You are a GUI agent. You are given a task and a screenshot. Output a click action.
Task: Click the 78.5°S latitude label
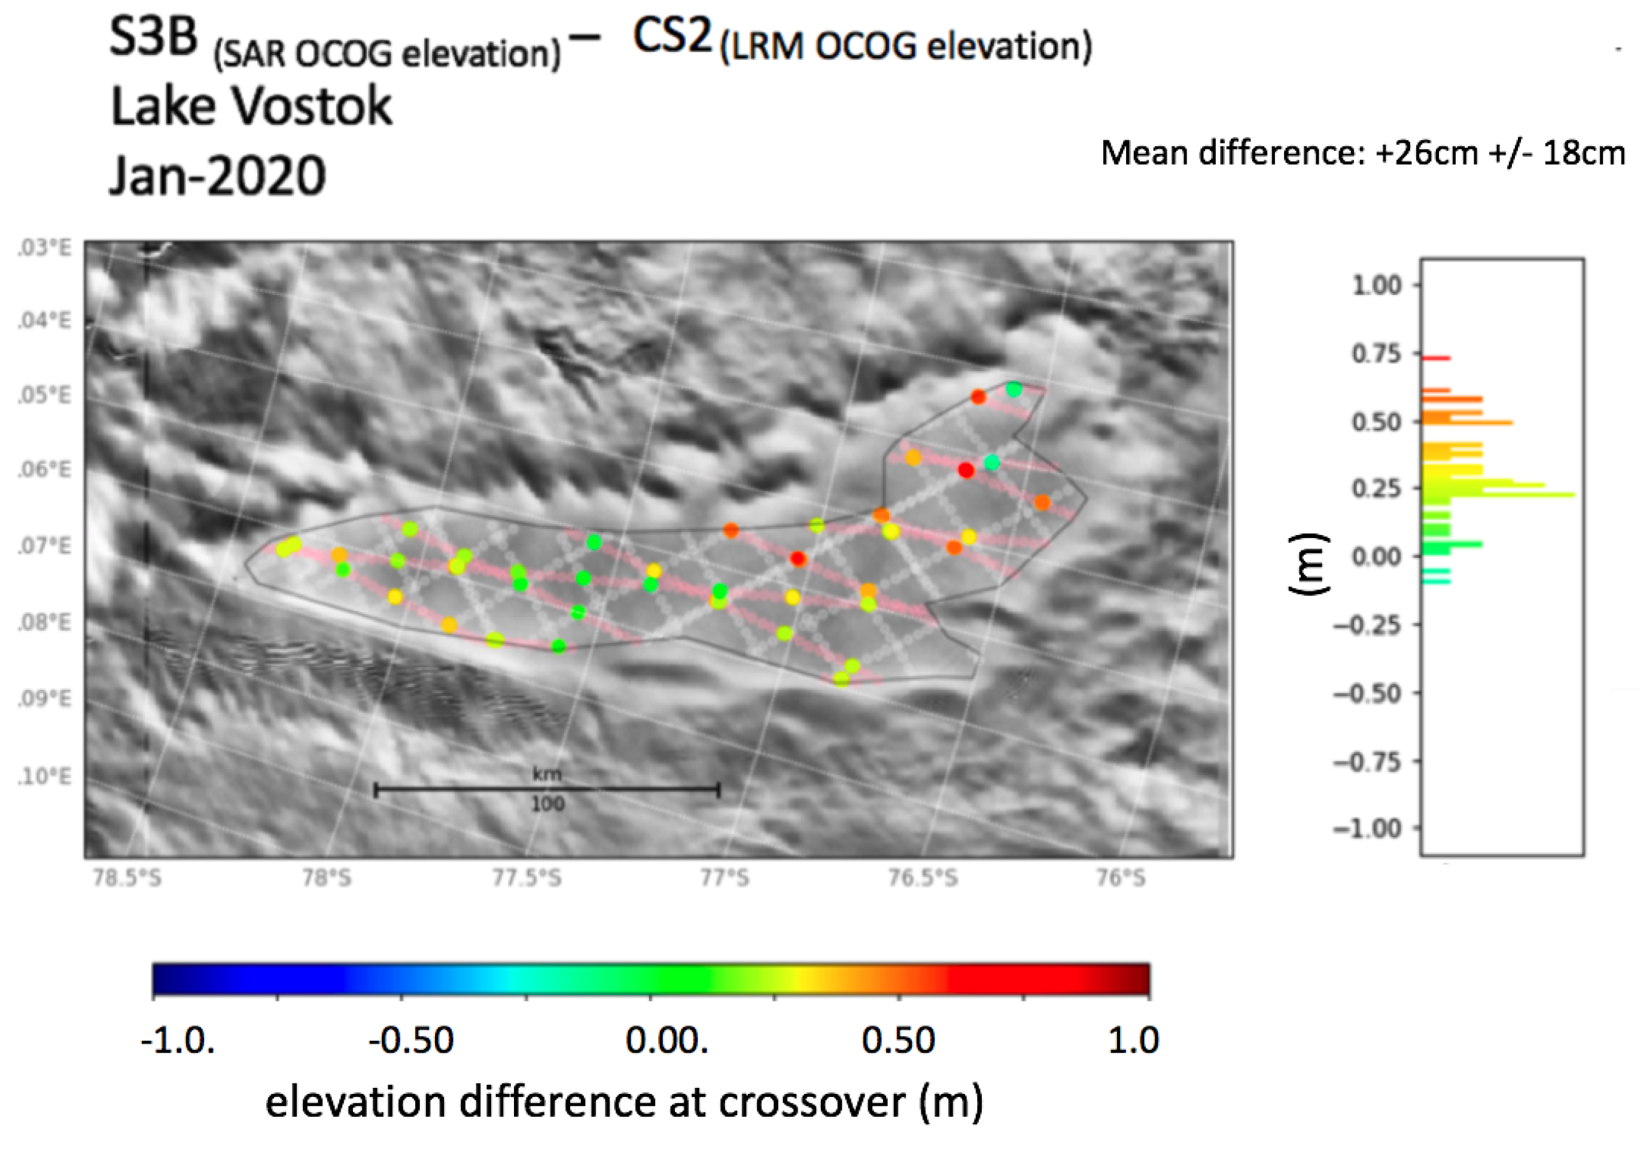coord(127,877)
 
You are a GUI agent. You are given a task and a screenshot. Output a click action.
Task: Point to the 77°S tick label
coord(725,877)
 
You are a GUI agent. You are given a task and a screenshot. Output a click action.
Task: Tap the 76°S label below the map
coord(1121,877)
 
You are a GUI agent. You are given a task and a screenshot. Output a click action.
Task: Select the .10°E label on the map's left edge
coord(44,776)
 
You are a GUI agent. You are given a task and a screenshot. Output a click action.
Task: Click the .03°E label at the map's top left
coord(44,248)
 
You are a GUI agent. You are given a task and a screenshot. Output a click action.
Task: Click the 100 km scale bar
coord(547,789)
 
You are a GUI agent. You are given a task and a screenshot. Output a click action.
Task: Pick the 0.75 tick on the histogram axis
coord(1376,354)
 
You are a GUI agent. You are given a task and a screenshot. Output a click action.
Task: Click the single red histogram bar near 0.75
coord(1436,358)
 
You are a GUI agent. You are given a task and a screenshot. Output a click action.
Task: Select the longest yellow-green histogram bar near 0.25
coord(1500,494)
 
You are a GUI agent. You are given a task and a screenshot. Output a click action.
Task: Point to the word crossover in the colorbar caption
coord(811,1102)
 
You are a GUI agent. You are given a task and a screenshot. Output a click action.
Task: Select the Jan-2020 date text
coord(217,176)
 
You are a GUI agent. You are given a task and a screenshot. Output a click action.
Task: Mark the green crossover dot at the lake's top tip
coord(1014,390)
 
